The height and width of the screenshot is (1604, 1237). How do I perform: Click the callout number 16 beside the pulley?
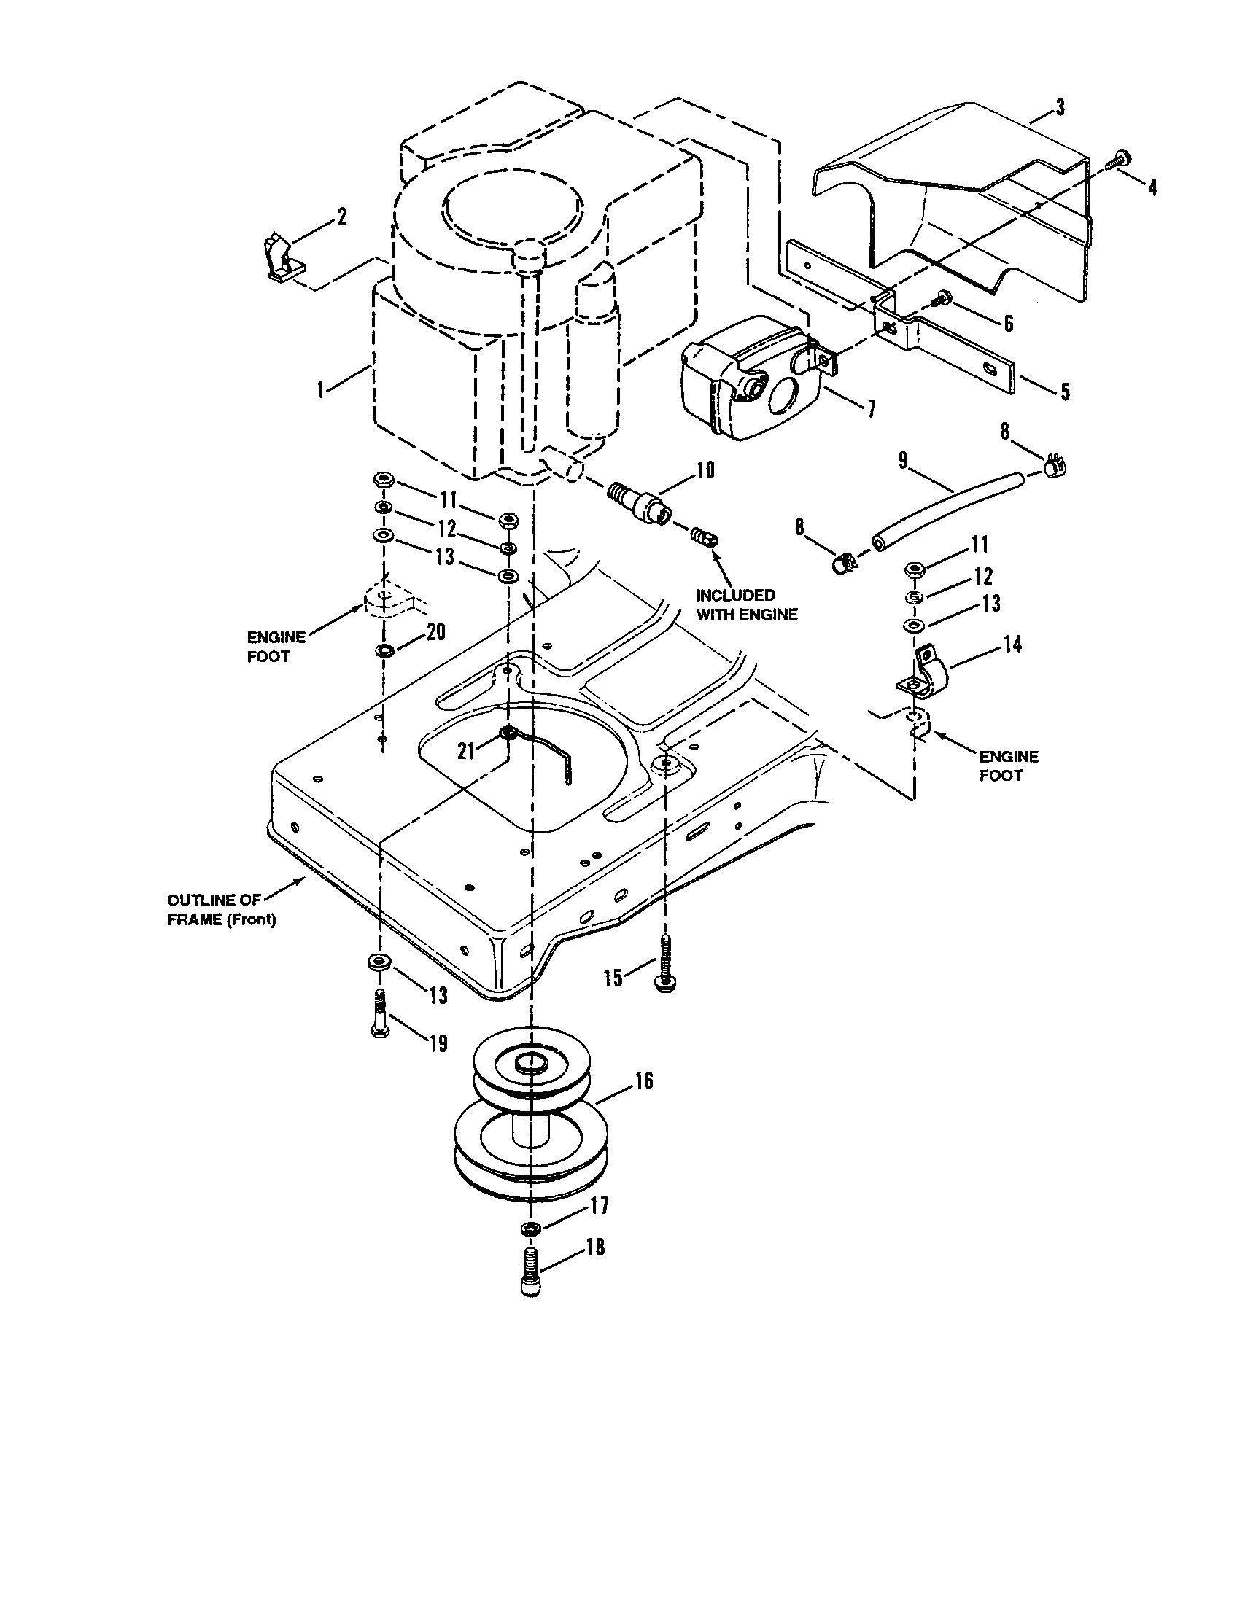(x=643, y=1081)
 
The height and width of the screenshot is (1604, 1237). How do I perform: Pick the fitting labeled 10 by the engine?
(x=640, y=506)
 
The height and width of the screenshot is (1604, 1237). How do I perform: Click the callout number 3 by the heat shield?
(x=1058, y=108)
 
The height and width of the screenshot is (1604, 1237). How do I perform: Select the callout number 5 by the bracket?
(x=1064, y=392)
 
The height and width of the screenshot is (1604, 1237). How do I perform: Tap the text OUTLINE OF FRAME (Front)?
(x=221, y=910)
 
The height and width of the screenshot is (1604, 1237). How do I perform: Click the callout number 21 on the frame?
(x=466, y=751)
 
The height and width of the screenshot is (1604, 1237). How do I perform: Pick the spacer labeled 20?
(x=383, y=649)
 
